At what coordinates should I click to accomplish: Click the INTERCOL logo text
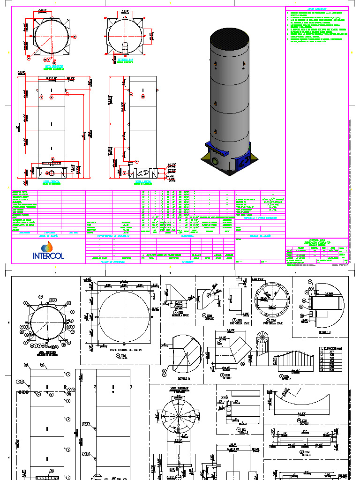coord(48,255)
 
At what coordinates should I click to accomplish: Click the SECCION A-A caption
coord(125,60)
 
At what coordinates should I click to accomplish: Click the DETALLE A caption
coord(325,331)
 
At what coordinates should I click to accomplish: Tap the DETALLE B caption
coord(184,377)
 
